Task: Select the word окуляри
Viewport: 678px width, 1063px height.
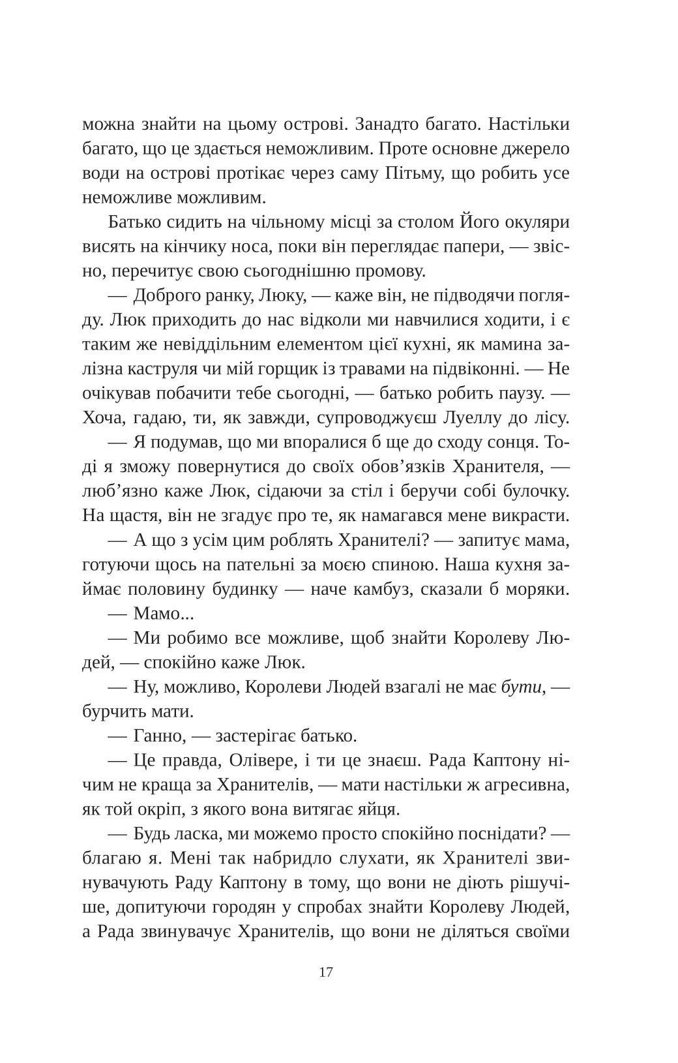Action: pos(537,222)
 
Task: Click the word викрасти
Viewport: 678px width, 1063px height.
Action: pos(531,516)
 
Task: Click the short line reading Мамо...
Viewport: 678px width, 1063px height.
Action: pos(156,614)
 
